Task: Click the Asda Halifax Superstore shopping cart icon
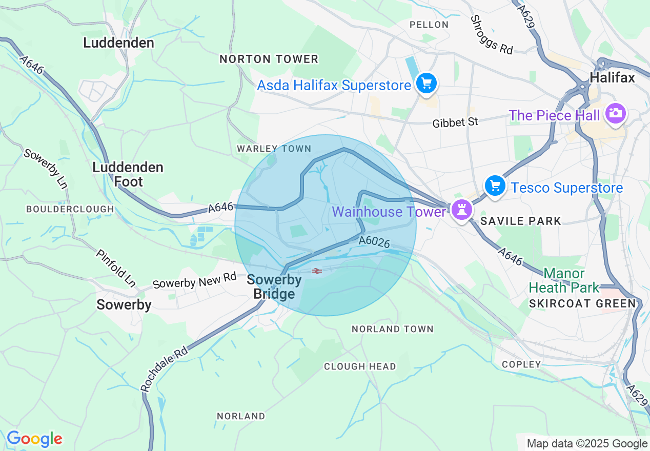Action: click(426, 83)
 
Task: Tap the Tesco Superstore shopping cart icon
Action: click(495, 186)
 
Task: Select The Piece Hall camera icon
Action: click(615, 113)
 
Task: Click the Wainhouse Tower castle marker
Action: click(462, 209)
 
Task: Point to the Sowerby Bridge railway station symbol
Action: click(316, 271)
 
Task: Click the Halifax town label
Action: click(612, 77)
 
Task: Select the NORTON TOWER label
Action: click(269, 59)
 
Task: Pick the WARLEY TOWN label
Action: click(274, 149)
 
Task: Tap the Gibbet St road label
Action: click(455, 122)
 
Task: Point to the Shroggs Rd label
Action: click(492, 35)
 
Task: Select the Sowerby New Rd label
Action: click(194, 281)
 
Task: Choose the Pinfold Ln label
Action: click(116, 268)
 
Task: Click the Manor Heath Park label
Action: click(564, 280)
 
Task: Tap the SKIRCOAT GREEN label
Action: click(582, 303)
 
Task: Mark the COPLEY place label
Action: click(521, 364)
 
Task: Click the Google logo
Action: click(34, 439)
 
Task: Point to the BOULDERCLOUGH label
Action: click(70, 209)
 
